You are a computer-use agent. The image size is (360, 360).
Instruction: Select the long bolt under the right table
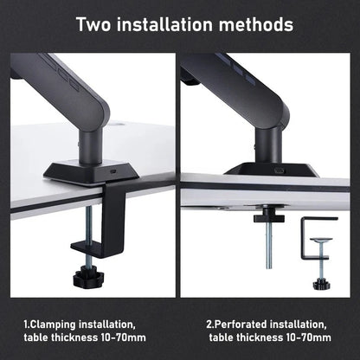click(x=268, y=250)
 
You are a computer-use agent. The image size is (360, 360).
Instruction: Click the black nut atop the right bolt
click(x=268, y=214)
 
